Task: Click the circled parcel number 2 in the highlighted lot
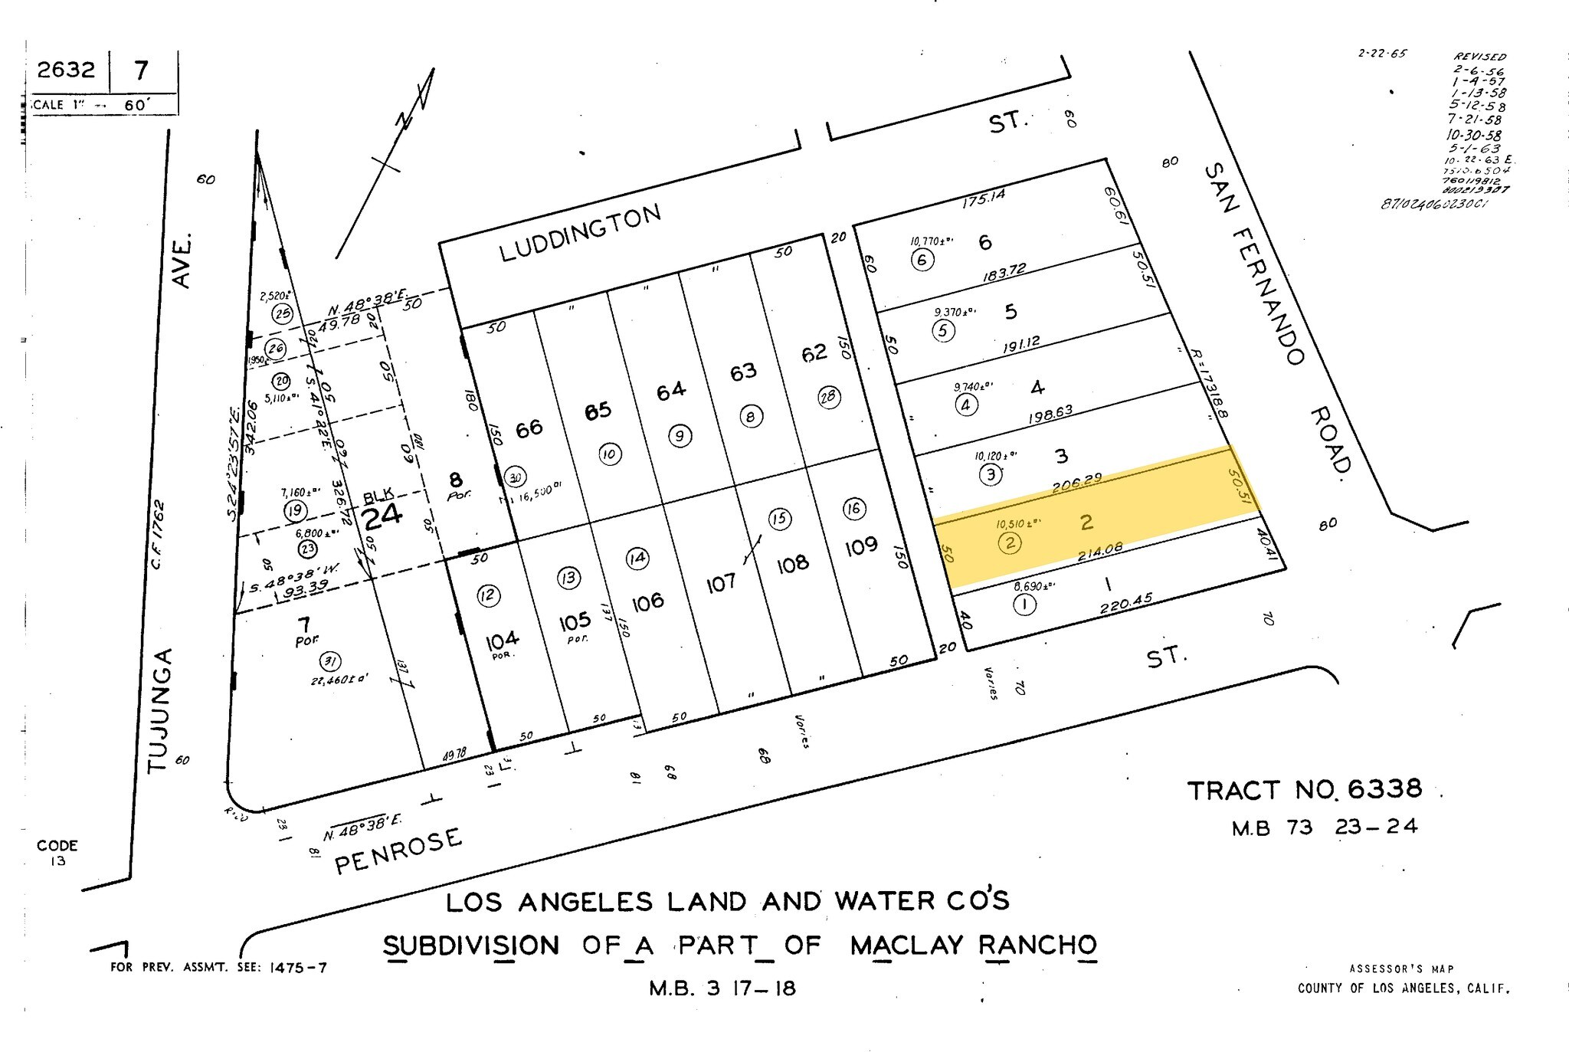pyautogui.click(x=1011, y=543)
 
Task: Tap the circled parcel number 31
pyautogui.click(x=330, y=662)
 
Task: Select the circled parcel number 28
pyautogui.click(x=829, y=397)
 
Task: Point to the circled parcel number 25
pyautogui.click(x=283, y=313)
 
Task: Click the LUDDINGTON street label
pyautogui.click(x=580, y=232)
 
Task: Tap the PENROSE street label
pyautogui.click(x=399, y=850)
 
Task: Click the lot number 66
pyautogui.click(x=529, y=428)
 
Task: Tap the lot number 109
pyautogui.click(x=861, y=547)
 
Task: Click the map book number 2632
pyautogui.click(x=67, y=70)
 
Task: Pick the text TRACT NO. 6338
pyautogui.click(x=1304, y=789)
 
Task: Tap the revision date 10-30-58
pyautogui.click(x=1473, y=135)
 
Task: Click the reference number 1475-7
pyautogui.click(x=298, y=968)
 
